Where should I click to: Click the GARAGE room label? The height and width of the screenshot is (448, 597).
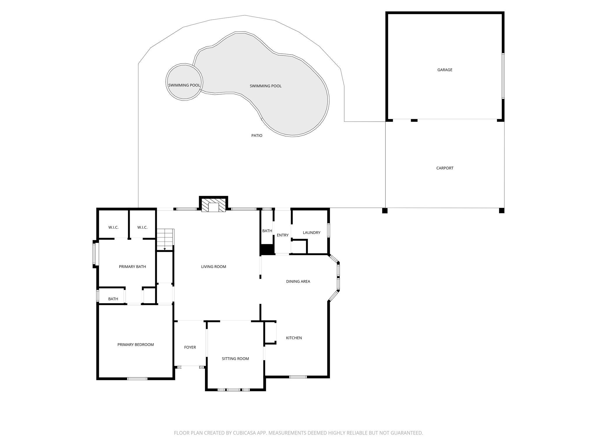point(445,70)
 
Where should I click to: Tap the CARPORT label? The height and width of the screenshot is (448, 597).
point(445,168)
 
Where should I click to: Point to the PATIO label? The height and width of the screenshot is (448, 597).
point(257,136)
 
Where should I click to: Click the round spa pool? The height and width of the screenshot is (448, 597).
point(184,82)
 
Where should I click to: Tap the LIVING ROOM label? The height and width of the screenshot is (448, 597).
point(214,267)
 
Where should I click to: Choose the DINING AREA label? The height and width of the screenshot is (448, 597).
point(298,281)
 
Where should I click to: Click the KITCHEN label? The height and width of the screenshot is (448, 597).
point(294,338)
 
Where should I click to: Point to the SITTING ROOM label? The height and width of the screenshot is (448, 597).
point(235,359)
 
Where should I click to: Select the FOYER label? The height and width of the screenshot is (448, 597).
point(190,347)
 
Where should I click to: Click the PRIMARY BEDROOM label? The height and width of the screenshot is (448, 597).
point(136,345)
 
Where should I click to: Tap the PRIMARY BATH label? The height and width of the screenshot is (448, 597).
point(132,267)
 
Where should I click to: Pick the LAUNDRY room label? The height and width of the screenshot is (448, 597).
point(311,233)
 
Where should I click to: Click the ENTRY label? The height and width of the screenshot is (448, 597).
point(282,235)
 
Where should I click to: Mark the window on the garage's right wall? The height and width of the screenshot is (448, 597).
point(503,76)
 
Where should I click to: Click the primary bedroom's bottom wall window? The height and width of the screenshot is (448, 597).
point(137,379)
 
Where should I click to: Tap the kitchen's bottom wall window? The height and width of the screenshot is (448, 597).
point(298,377)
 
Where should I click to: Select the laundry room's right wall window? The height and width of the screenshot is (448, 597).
point(329,230)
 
